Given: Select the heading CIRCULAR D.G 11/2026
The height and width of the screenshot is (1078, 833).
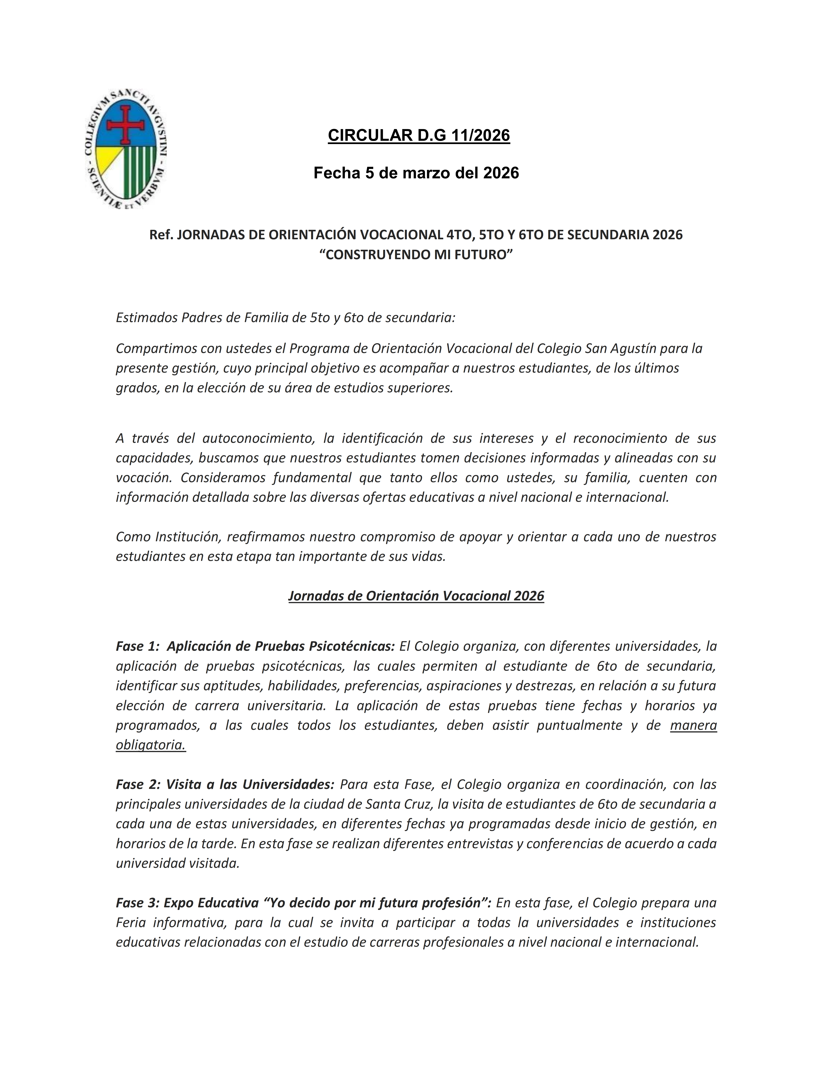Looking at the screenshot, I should (x=418, y=135).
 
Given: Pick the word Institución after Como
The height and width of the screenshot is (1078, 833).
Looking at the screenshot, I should (x=188, y=537).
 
